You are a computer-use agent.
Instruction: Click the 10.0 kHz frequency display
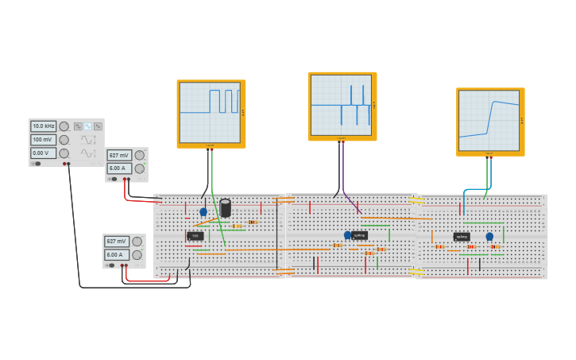[43, 126]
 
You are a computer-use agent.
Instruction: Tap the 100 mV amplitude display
[43, 140]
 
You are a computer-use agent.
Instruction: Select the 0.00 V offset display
[43, 153]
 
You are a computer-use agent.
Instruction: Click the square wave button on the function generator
[78, 126]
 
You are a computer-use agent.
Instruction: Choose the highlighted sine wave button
[88, 126]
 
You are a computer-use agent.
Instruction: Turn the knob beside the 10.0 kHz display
[64, 126]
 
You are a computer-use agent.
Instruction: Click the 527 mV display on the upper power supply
[119, 156]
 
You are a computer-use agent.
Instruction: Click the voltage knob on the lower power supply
[137, 241]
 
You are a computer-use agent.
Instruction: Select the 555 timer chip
[195, 236]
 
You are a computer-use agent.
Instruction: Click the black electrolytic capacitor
[226, 207]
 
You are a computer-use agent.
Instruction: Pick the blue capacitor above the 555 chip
[203, 211]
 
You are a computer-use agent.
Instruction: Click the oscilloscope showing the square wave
[211, 113]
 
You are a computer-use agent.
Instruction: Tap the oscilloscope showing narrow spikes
[342, 106]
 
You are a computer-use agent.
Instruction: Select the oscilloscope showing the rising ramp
[489, 121]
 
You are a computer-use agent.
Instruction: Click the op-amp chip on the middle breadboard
[360, 235]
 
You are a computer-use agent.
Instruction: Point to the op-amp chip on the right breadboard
[462, 236]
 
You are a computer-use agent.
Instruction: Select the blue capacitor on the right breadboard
[489, 236]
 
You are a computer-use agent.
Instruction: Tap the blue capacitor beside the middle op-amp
[347, 235]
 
